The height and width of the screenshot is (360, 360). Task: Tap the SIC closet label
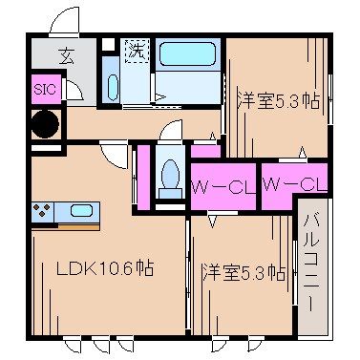[x=44, y=90]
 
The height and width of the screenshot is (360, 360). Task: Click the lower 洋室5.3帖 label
[x=244, y=272]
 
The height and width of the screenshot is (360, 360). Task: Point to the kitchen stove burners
[x=43, y=211]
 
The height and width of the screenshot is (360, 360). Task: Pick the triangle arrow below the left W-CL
[x=212, y=221]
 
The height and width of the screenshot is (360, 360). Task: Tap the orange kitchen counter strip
[x=67, y=226]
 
